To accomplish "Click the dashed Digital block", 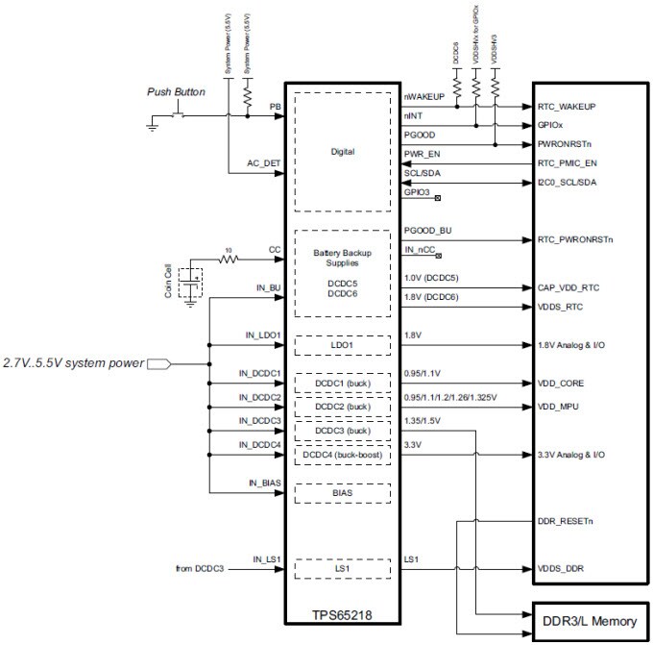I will [342, 151].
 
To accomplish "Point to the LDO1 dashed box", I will [342, 344].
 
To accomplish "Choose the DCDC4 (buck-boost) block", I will [343, 452].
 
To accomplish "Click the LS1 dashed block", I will [342, 568].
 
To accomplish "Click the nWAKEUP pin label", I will [423, 97].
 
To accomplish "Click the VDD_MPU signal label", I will [557, 406].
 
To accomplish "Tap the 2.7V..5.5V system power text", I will [72, 363].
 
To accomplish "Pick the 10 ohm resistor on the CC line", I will [227, 258].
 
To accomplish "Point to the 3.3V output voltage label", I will [414, 444].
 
